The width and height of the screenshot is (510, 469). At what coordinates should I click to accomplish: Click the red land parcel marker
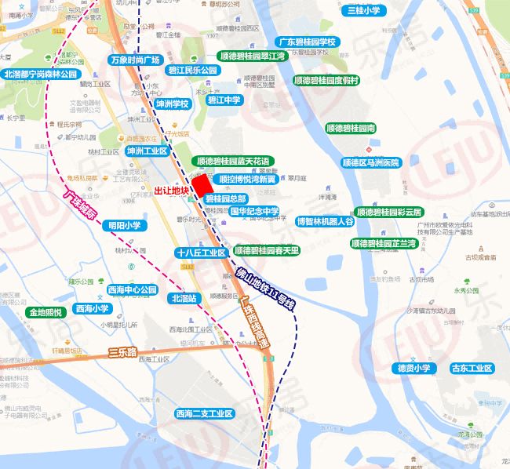(202, 185)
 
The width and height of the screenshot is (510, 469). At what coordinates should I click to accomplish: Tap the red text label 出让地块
(171, 191)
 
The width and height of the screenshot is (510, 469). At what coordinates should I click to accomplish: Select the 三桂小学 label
(363, 10)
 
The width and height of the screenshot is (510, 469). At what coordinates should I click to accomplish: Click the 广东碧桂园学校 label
(307, 42)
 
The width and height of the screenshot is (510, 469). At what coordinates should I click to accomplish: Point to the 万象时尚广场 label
(135, 60)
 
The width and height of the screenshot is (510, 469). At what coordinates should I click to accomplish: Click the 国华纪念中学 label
(254, 211)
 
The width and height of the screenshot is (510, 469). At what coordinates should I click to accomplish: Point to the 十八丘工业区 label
(201, 253)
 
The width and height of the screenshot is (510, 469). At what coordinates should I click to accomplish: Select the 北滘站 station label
(183, 298)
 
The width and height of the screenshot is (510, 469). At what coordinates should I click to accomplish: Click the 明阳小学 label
(124, 225)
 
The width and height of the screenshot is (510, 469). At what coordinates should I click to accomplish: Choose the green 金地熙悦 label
(46, 312)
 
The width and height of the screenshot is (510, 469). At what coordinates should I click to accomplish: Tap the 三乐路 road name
(122, 352)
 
